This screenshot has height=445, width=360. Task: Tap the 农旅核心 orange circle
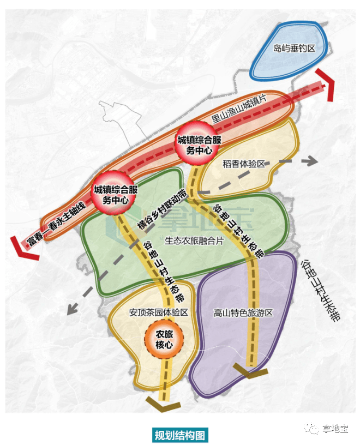tap(164, 339)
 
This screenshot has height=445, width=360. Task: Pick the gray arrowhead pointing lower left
tap(69, 309)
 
